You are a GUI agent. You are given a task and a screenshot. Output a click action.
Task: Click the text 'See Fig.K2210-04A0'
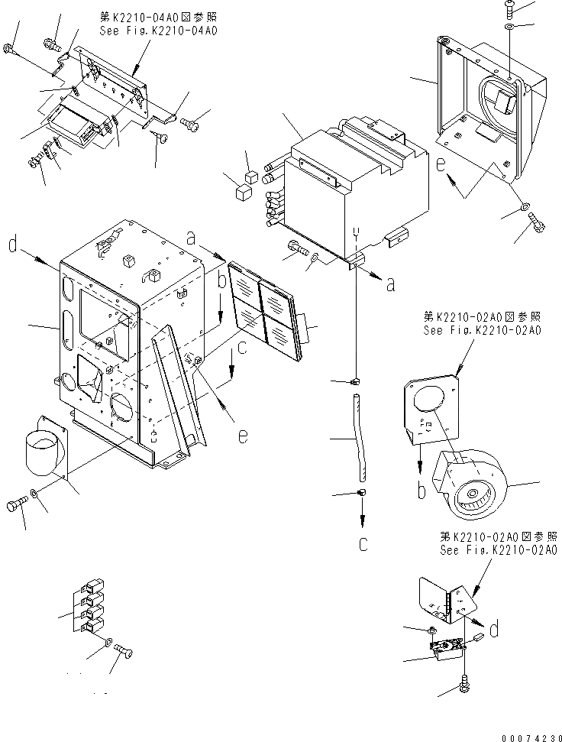(x=159, y=31)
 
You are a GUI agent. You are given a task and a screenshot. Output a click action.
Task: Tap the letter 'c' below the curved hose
(x=363, y=544)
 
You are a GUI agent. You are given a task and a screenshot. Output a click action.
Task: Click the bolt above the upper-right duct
(x=510, y=8)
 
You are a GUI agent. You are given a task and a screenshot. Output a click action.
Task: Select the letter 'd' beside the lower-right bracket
(x=496, y=630)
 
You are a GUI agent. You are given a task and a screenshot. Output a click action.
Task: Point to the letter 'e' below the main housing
(x=241, y=436)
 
